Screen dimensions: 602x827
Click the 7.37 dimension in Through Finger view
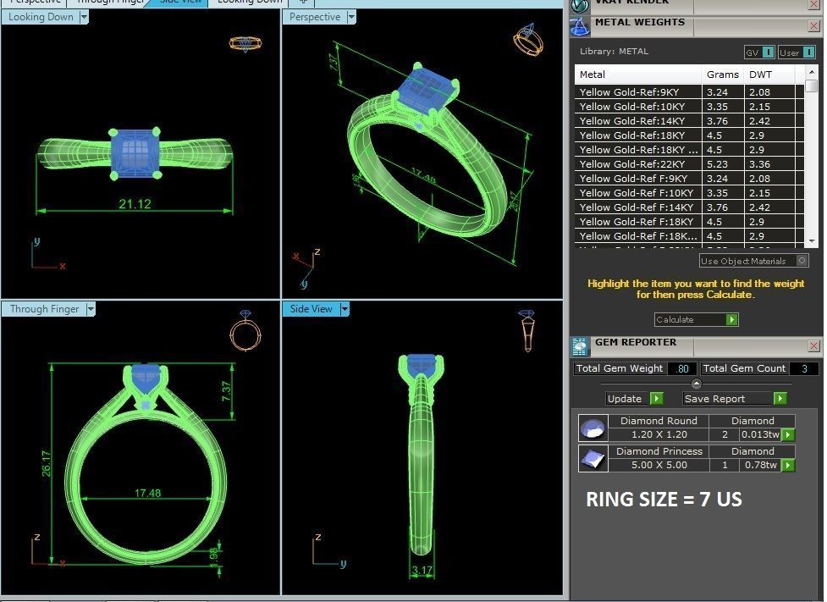226,392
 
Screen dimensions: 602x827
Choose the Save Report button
734,398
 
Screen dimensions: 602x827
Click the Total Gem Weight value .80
681,368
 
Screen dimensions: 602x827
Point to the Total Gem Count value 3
803,368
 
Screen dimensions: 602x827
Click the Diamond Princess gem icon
593,458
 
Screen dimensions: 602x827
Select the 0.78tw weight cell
759,465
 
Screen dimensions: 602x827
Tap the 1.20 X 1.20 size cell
659,434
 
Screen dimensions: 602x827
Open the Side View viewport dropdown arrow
345,309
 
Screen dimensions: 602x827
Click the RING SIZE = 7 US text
664,500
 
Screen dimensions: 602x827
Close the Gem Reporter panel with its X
813,345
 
